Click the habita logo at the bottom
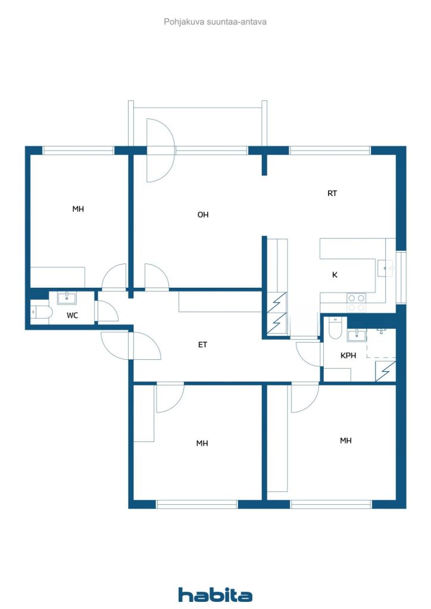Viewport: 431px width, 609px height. (x=215, y=595)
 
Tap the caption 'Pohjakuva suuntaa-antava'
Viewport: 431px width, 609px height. (x=215, y=22)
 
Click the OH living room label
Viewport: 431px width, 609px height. (x=203, y=214)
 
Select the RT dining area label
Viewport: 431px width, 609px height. (x=332, y=193)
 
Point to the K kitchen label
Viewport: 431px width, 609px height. (x=335, y=275)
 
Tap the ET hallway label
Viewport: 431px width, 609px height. (x=202, y=344)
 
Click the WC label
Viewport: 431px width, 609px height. (x=72, y=315)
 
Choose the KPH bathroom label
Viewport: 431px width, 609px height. (x=348, y=356)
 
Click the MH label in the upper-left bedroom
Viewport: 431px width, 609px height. (x=78, y=209)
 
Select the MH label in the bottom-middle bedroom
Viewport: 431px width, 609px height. (x=202, y=443)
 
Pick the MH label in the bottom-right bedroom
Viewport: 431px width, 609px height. (x=346, y=441)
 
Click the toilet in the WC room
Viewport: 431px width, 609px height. (x=41, y=312)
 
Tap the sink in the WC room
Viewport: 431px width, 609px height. (x=67, y=299)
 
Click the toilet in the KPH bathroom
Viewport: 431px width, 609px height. (x=335, y=328)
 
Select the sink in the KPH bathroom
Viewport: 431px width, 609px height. (x=357, y=335)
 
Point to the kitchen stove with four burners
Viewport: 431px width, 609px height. (x=357, y=303)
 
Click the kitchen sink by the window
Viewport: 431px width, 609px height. (x=385, y=268)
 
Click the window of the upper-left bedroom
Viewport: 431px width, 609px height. (x=78, y=150)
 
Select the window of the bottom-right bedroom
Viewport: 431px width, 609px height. (x=331, y=504)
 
